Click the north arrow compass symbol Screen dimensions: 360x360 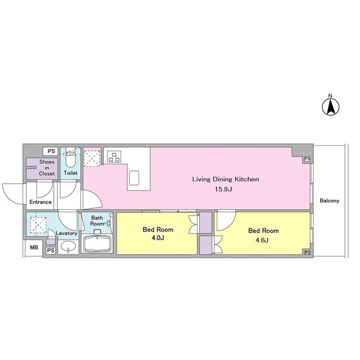pos(331,107)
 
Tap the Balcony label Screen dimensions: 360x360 pos(329,201)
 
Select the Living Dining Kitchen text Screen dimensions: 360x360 pos(226,179)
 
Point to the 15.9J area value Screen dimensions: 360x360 pos(223,189)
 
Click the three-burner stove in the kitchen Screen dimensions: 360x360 pos(114,156)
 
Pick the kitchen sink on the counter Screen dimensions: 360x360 pos(134,178)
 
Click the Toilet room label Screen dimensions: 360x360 pos(70,173)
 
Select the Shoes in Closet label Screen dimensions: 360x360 pos(47,168)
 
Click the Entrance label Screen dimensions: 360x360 pos(40,202)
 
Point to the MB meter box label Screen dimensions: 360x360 pos(34,247)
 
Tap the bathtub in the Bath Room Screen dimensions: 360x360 pos(97,244)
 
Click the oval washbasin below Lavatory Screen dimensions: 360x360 pos(68,246)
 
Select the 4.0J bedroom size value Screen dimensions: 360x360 pos(157,238)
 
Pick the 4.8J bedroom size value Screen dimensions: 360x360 pos(262,240)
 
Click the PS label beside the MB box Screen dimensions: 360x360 pos(51,250)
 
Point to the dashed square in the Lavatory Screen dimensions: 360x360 pos(38,225)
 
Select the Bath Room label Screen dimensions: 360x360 pos(97,220)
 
